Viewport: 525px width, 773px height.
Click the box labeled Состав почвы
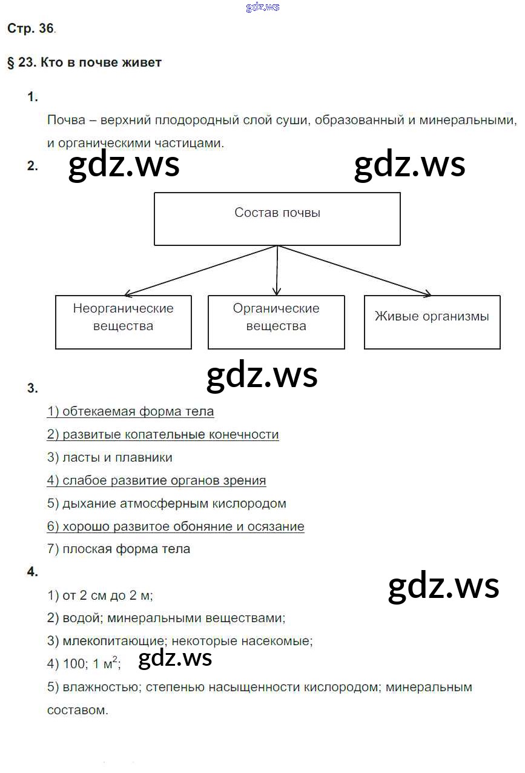coord(277,219)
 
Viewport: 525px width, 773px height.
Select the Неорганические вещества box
coord(124,322)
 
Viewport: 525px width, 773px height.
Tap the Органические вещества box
coord(276,322)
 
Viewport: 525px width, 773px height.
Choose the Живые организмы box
coord(432,322)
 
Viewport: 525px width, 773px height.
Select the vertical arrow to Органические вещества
coord(277,270)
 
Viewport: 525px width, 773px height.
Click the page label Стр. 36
coord(30,29)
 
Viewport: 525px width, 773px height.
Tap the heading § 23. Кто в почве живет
coord(84,62)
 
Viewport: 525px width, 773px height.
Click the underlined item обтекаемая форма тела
coord(130,412)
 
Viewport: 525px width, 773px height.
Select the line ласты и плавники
coord(110,457)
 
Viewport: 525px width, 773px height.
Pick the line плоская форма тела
coord(119,549)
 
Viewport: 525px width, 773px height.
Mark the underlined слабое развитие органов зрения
coord(156,480)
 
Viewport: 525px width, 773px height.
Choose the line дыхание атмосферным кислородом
coord(167,503)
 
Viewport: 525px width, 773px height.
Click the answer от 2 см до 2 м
coord(100,596)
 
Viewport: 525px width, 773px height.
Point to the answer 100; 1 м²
coord(84,664)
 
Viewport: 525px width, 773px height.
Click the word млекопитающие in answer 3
coord(114,641)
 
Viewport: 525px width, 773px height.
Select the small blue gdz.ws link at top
coord(263,7)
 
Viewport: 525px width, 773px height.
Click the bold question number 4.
coord(33,572)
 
